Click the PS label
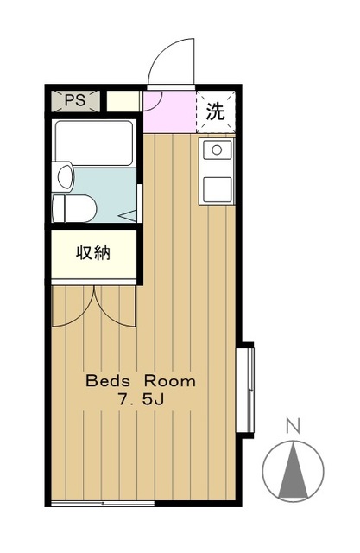tap(74, 99)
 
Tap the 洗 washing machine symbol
tap(215, 111)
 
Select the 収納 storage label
tap(93, 254)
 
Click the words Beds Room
tap(140, 380)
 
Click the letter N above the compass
tap(294, 426)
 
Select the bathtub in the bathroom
tap(93, 143)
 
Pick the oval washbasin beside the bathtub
tap(64, 178)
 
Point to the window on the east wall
tap(247, 387)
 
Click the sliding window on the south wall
tap(104, 503)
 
